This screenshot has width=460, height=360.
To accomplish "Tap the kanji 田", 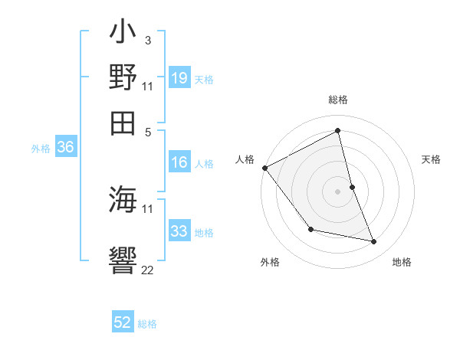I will pyautogui.click(x=123, y=122).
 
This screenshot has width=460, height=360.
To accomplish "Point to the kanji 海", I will pyautogui.click(x=123, y=201).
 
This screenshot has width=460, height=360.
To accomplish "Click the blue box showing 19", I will pyautogui.click(x=179, y=78).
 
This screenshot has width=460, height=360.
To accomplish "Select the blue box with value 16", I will pyautogui.click(x=179, y=162).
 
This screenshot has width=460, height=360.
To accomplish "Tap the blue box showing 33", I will pyautogui.click(x=179, y=231).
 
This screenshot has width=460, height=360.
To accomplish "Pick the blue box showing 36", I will pyautogui.click(x=65, y=149).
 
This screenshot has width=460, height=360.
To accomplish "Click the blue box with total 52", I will pyautogui.click(x=123, y=322).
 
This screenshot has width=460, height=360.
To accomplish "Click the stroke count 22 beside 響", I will pyautogui.click(x=147, y=270).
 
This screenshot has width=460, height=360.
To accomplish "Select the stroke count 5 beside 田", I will pyautogui.click(x=147, y=131).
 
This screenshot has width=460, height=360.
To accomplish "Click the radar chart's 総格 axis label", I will pyautogui.click(x=338, y=100).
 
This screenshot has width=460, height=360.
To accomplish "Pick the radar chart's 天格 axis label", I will pyautogui.click(x=432, y=159).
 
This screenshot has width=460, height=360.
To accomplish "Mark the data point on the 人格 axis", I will pyautogui.click(x=264, y=168).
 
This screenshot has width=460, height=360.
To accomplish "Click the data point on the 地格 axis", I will pyautogui.click(x=374, y=242).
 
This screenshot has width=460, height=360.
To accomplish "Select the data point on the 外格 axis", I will pyautogui.click(x=310, y=229).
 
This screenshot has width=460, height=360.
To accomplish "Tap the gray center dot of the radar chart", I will pyautogui.click(x=338, y=191).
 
